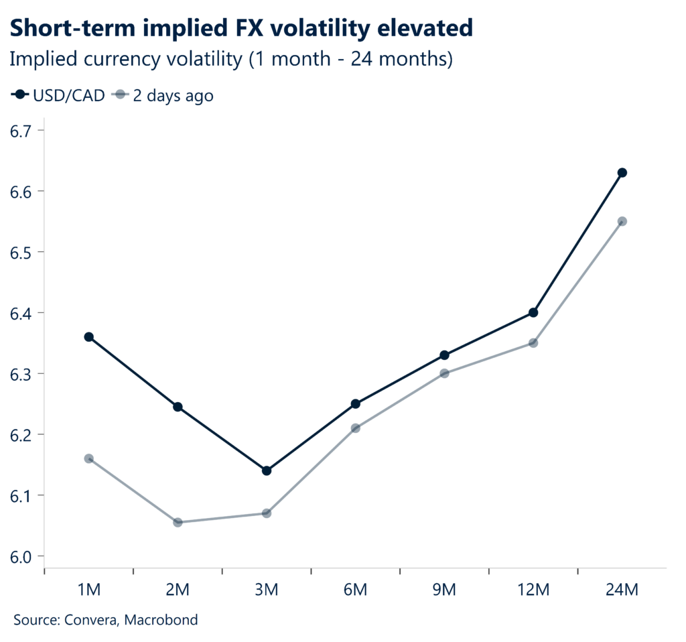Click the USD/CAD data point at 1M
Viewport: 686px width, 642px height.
point(88,337)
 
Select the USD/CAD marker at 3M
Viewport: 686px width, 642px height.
point(267,470)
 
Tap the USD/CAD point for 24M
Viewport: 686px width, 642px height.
point(622,173)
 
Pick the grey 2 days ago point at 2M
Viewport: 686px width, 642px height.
point(178,522)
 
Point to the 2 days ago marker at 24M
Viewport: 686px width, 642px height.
point(622,221)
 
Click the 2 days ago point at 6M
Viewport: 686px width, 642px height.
point(356,428)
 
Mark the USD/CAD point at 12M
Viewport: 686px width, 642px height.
point(533,312)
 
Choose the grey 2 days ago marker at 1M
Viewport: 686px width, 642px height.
point(88,458)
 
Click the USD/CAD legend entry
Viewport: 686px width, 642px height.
point(59,95)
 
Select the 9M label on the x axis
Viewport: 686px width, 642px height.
point(444,590)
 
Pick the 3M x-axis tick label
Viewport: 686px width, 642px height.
point(267,590)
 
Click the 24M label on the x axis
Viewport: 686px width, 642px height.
point(622,590)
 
